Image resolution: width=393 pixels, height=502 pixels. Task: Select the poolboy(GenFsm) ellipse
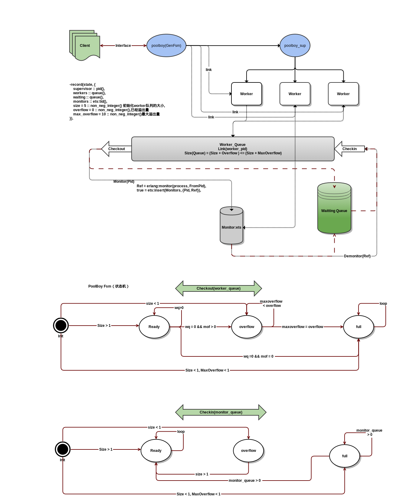(166, 46)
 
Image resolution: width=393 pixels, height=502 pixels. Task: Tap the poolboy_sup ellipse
(295, 46)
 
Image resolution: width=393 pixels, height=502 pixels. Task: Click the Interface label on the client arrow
(123, 46)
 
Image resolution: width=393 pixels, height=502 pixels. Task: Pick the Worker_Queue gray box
(233, 149)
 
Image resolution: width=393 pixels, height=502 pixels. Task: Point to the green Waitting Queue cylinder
(334, 211)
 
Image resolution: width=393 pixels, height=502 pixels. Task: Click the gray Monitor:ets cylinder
(231, 227)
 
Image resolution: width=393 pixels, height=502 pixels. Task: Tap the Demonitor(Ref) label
(357, 256)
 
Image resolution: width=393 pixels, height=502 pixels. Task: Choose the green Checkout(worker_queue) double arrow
(218, 288)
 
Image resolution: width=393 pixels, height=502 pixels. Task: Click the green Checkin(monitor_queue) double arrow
(221, 412)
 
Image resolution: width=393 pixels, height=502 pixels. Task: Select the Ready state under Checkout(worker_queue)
(154, 327)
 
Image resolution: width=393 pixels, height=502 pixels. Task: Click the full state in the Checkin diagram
(345, 456)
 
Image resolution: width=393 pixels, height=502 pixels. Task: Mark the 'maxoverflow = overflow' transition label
(303, 327)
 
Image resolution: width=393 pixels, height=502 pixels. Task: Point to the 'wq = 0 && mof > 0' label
(201, 327)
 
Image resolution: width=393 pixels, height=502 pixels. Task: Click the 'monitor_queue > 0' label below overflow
(245, 481)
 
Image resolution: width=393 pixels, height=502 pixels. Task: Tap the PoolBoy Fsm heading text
(108, 286)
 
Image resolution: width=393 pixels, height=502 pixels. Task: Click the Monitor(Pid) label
(124, 182)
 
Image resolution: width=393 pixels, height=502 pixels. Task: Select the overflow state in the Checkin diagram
(248, 451)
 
